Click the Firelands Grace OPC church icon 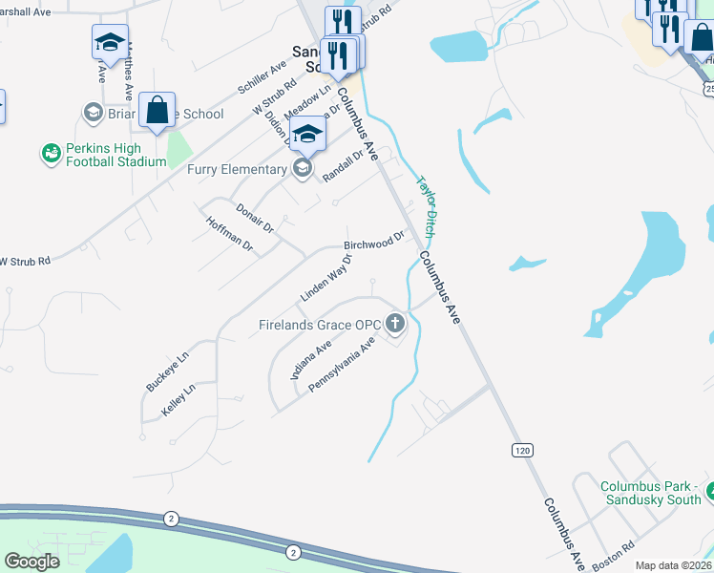(395, 326)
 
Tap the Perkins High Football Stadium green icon (51, 153)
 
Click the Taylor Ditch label (426, 206)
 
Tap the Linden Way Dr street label (326, 278)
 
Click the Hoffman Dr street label (229, 234)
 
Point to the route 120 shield (520, 450)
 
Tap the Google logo (31, 562)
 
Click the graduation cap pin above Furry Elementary (307, 133)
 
